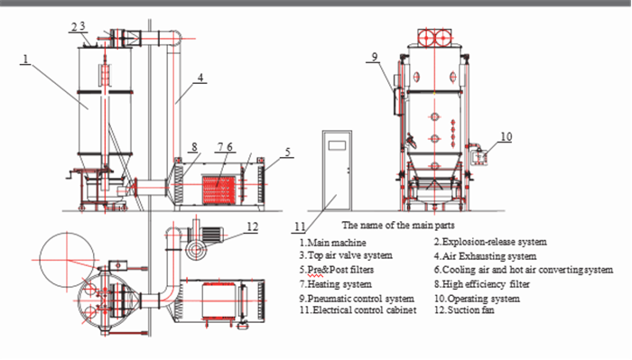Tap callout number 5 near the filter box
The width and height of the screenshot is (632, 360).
tap(286, 153)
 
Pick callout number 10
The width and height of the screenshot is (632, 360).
tap(506, 136)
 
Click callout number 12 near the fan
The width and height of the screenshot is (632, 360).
tap(253, 226)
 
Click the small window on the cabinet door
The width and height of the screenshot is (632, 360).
tap(340, 145)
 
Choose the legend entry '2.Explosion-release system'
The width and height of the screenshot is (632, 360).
tap(489, 243)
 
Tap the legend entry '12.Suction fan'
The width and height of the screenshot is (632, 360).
tap(467, 310)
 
